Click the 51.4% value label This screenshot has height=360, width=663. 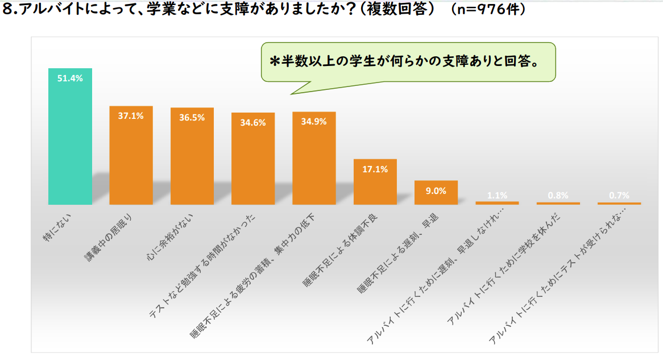pos(70,78)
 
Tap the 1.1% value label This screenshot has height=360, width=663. pos(497,195)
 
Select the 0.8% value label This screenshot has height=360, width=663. pos(558,195)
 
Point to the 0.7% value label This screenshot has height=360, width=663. pos(619,195)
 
